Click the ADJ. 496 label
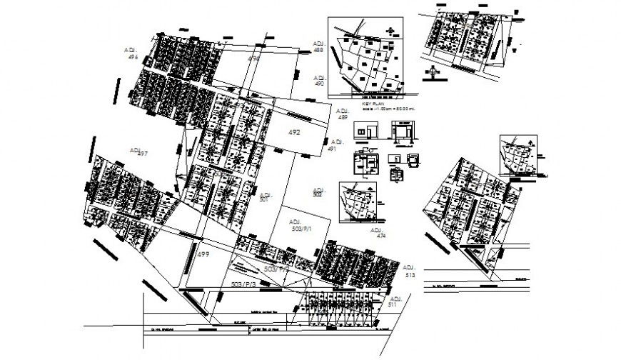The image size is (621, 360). click(x=131, y=54)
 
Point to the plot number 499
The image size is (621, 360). click(x=203, y=255)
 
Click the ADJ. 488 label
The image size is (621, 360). click(x=318, y=46)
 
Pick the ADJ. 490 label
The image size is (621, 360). click(x=319, y=80)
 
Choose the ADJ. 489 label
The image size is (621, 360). click(x=343, y=114)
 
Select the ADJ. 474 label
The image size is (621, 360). click(x=376, y=233)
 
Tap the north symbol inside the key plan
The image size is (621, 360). click(x=389, y=29)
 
